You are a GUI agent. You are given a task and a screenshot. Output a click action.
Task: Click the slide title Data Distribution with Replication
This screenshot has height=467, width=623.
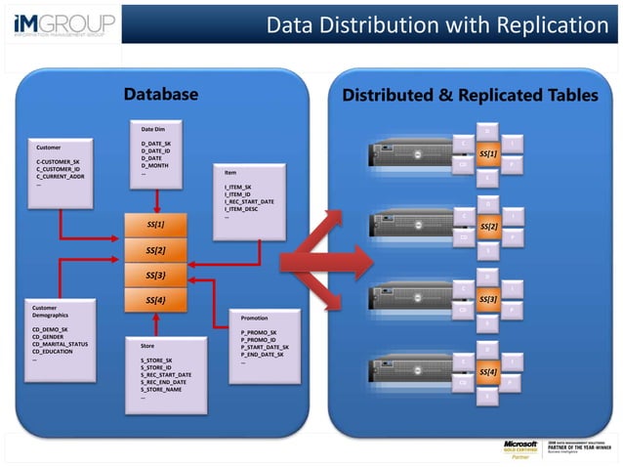click(436, 23)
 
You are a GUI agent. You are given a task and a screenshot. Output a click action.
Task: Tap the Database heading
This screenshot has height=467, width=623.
click(161, 95)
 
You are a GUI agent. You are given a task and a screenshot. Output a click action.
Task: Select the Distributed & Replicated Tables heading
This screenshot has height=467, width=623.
click(469, 95)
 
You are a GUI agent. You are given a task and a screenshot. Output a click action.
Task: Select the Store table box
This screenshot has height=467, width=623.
click(166, 376)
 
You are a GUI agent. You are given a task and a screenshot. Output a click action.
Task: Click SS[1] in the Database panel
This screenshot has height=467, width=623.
click(155, 225)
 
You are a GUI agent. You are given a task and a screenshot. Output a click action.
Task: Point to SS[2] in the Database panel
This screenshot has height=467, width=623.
click(155, 250)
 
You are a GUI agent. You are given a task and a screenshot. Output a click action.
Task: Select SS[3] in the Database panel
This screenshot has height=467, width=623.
click(155, 276)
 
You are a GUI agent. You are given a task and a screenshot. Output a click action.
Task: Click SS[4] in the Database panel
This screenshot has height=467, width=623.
click(155, 300)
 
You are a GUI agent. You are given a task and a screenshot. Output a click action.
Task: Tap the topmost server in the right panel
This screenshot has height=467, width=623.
click(408, 153)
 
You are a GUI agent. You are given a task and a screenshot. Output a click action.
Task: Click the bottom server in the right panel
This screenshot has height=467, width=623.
click(408, 371)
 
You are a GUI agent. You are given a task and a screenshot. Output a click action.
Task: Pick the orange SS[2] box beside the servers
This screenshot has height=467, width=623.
click(489, 227)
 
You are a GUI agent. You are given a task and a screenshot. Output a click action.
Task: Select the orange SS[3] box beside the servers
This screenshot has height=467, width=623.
click(489, 299)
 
